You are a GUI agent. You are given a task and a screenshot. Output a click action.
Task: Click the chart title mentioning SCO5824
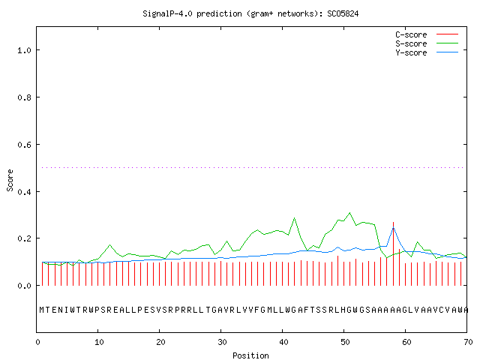tap(250, 14)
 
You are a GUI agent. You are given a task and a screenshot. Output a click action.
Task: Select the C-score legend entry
tap(427, 34)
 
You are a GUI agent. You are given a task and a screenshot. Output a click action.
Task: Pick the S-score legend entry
tap(427, 43)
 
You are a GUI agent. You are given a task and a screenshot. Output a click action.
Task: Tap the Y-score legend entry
tap(427, 52)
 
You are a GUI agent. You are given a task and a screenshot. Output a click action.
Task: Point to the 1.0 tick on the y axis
tap(24, 50)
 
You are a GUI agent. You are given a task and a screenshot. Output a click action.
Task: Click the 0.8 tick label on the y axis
tap(24, 97)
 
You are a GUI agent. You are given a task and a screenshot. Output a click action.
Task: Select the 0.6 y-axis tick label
tap(24, 145)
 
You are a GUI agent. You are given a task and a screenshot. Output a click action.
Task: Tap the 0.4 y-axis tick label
tap(24, 192)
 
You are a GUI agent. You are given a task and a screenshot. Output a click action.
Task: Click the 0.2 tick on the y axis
tap(24, 238)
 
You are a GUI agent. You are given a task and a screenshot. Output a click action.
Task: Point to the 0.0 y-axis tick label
tap(24, 286)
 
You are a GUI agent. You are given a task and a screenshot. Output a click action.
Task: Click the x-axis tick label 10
tap(98, 342)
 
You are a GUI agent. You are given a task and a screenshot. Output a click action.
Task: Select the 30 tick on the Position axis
tap(222, 342)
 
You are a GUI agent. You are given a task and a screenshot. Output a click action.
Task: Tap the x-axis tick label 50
tap(345, 342)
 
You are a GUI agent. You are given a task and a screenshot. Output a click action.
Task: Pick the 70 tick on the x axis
tap(468, 342)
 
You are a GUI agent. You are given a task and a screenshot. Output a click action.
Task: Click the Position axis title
tap(250, 355)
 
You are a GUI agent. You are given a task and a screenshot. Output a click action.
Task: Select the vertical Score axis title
tap(10, 180)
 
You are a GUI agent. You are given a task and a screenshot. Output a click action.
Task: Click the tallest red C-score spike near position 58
tap(393, 254)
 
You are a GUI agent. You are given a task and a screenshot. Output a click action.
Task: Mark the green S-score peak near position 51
tap(350, 212)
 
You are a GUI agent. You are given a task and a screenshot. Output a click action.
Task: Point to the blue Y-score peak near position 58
tap(393, 228)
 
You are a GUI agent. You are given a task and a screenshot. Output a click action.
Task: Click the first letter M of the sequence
tap(42, 310)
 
